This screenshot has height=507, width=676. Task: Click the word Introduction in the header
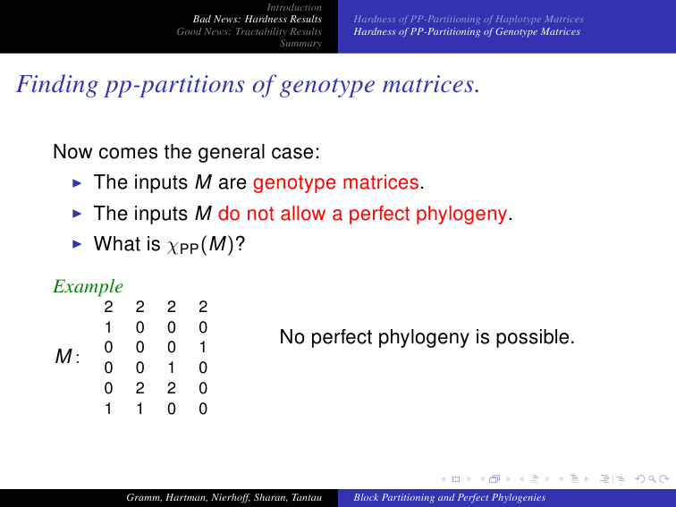[x=294, y=7]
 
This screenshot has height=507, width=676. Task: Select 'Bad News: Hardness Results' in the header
[x=258, y=19]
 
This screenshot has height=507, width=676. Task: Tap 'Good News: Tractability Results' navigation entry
[x=249, y=31]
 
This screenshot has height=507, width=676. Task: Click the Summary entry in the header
[x=301, y=43]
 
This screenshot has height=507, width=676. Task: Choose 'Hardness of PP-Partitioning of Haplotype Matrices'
[x=469, y=19]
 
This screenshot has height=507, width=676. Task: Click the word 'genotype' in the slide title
[x=327, y=84]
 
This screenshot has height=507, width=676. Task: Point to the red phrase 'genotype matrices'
[x=336, y=182]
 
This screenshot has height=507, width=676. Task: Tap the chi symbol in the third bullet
[x=173, y=246]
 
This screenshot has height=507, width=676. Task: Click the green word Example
[x=89, y=286]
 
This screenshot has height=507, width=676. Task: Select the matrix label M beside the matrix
[x=63, y=357]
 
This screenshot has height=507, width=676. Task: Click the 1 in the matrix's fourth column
[x=203, y=348]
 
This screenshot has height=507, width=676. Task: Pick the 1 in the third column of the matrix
[x=172, y=368]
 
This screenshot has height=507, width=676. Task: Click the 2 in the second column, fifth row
[x=139, y=388]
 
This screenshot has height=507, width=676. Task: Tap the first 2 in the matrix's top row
[x=108, y=307]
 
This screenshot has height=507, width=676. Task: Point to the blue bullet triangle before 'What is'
[x=77, y=244]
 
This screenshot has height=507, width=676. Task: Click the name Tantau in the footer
[x=307, y=497]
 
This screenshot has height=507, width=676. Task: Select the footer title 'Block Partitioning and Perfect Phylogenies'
[x=450, y=497]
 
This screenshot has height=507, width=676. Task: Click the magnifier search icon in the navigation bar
[x=652, y=478]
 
